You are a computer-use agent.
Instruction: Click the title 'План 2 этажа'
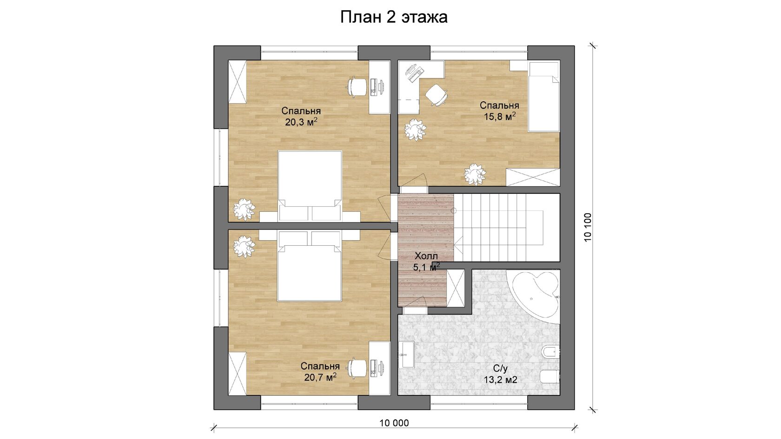(394, 17)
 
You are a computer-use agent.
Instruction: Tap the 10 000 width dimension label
(394, 423)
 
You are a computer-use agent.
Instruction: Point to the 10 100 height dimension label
(588, 227)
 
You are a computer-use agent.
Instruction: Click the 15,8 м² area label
(500, 116)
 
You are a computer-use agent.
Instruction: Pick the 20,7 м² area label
(320, 377)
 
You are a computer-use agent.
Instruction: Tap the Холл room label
(426, 256)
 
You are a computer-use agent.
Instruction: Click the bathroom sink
(406, 354)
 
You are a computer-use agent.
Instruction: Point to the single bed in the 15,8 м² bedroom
(543, 97)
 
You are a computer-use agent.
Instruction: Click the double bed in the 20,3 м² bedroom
(310, 186)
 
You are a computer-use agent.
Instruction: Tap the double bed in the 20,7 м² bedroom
(309, 266)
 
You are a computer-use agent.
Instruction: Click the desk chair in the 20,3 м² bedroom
(357, 87)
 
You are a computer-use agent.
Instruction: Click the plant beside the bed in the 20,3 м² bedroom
(244, 210)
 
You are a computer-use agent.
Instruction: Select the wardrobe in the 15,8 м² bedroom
(533, 177)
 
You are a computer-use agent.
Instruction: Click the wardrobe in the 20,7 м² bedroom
(237, 373)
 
